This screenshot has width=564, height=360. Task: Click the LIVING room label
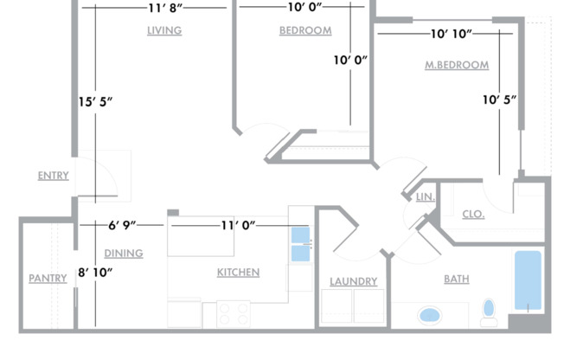[x=164, y=30]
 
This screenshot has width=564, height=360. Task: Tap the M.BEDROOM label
[x=457, y=65]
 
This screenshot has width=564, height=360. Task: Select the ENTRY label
[x=54, y=176]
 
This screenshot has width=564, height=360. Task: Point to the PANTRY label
[x=48, y=279]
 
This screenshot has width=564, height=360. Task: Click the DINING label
[x=124, y=254]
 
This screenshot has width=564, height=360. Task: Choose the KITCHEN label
[x=238, y=273]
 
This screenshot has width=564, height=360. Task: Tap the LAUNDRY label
[x=354, y=281]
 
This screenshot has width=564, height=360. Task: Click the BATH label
[x=457, y=279]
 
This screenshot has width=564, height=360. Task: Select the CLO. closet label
[x=473, y=215]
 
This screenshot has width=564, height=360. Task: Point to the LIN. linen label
[x=426, y=197]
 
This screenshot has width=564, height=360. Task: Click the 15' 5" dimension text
[x=95, y=102]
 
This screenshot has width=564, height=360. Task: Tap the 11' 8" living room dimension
[x=165, y=8]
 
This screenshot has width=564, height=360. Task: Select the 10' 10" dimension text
[x=451, y=34]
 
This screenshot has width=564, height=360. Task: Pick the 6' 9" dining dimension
[x=122, y=225]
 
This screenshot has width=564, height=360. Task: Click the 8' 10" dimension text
[x=95, y=273]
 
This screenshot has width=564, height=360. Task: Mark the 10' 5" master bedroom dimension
[x=499, y=100]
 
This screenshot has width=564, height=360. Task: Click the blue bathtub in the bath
[x=528, y=280]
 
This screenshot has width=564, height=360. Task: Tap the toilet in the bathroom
[x=489, y=312]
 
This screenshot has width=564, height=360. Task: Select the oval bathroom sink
[x=429, y=315]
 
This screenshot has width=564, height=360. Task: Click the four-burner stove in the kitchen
[x=234, y=314]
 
